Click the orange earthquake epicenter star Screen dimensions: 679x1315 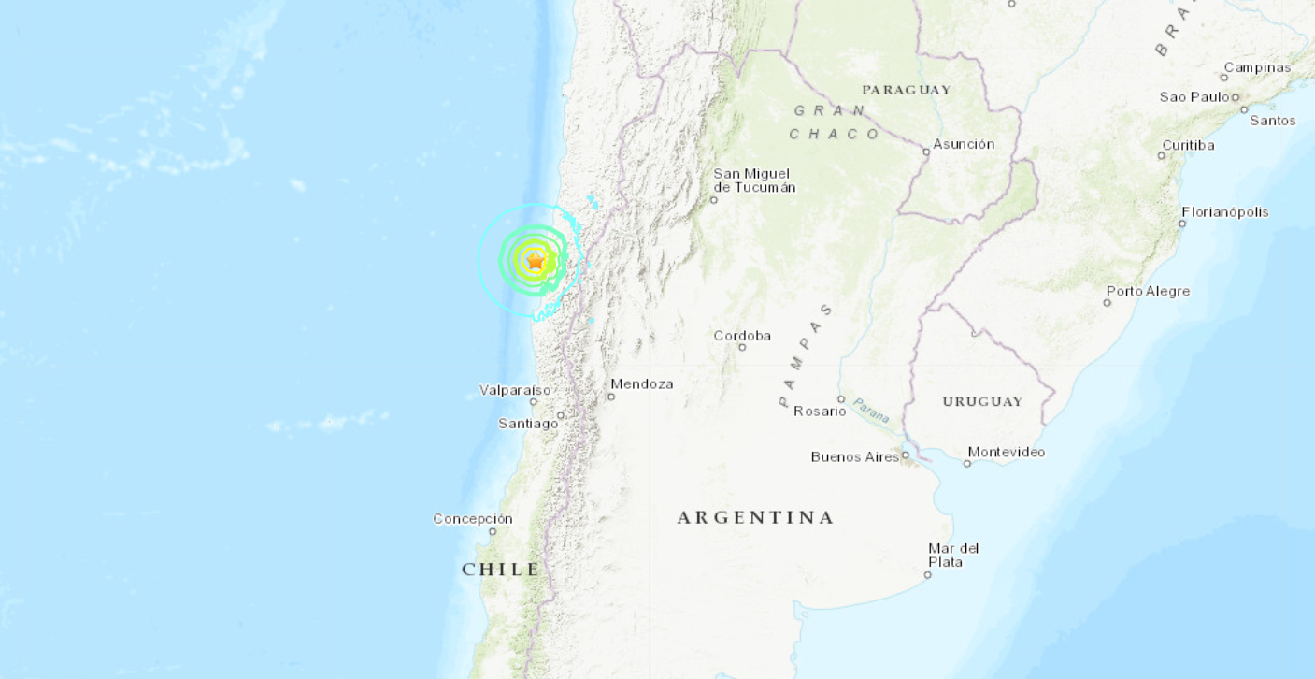coord(535,262)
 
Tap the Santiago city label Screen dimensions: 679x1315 coord(528,424)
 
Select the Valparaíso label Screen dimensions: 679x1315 coord(515,390)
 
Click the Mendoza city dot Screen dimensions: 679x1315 coord(611,397)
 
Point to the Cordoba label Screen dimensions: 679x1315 coord(742,336)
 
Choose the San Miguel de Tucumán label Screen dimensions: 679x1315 coord(754,181)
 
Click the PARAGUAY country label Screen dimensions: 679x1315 coord(907,90)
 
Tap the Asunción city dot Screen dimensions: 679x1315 coord(926,152)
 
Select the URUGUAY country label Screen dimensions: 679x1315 coord(982,401)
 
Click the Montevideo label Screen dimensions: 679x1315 coord(1007,452)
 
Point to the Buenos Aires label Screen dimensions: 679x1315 coord(854,456)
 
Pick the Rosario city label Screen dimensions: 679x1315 coord(820,411)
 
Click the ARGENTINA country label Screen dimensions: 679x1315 coord(755,517)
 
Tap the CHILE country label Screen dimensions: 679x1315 coord(501,569)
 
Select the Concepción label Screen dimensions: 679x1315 coord(473,518)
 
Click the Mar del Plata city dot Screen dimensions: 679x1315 coord(928,575)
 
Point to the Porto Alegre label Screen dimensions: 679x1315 coord(1149,291)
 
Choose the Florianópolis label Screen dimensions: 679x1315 coord(1225,212)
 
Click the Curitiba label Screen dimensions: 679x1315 coord(1188,145)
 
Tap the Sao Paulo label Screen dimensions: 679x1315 coord(1194,97)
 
